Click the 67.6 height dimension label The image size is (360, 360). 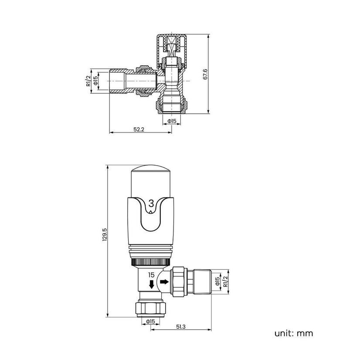(x=205, y=74)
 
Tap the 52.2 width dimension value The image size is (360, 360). (x=139, y=129)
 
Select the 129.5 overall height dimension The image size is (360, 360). (x=105, y=234)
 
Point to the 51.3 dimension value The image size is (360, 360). (x=181, y=326)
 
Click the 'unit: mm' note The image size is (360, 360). (x=294, y=333)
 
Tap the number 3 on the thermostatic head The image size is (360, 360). (x=151, y=204)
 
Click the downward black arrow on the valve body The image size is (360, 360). (x=151, y=284)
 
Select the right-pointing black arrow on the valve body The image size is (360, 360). (x=164, y=281)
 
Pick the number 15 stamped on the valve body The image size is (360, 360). (x=152, y=275)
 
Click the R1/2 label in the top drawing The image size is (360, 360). (x=88, y=81)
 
